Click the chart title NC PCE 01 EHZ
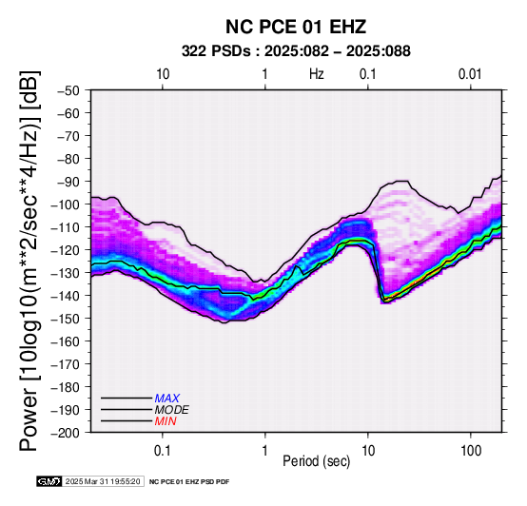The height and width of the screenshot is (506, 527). tap(296, 27)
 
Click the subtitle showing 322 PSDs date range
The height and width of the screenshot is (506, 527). tap(296, 51)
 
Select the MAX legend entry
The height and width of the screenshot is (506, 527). tap(167, 399)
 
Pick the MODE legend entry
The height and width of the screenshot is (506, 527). tap(172, 410)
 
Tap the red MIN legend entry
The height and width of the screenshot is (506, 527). tap(166, 421)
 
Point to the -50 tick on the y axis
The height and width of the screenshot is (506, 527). tap(68, 90)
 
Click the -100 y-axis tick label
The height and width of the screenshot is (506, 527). tap(66, 204)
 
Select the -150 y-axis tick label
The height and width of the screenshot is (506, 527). tap(66, 319)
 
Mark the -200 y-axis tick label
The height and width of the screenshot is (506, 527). tap(66, 433)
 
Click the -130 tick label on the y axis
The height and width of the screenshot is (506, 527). tap(66, 273)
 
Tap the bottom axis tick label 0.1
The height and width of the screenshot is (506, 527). tap(163, 451)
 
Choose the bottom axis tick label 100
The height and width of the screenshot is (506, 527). tap(471, 451)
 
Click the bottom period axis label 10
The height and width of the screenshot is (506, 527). tap(368, 451)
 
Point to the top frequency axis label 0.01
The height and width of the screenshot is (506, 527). tap(470, 74)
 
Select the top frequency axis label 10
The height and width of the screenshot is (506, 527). tap(163, 74)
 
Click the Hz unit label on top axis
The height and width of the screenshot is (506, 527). tap(316, 74)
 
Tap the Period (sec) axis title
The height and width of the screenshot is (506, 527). tap(316, 461)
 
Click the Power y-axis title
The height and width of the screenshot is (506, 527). tap(29, 261)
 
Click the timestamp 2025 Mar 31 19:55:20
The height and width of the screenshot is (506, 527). tap(103, 482)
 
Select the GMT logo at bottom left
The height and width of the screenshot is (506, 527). tap(49, 481)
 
